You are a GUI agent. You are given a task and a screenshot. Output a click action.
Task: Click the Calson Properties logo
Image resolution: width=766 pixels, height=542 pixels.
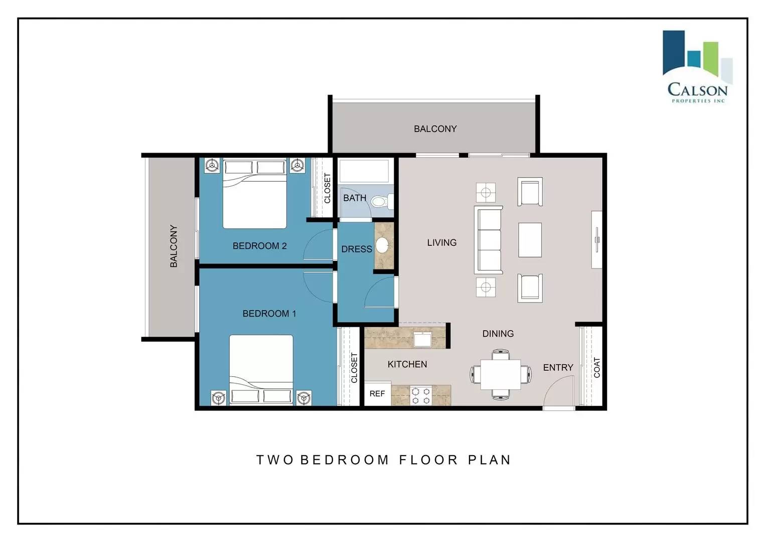pos(697,67)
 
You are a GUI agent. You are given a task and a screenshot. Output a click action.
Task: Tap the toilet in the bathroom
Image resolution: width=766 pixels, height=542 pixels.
pos(382,201)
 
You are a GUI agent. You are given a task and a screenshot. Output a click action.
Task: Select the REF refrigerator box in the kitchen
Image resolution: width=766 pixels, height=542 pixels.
pos(378,393)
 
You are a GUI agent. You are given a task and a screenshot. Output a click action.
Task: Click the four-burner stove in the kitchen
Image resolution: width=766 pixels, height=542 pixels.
pos(421,395)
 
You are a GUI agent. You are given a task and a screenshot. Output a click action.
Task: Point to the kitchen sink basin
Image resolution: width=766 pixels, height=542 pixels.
pos(422,340)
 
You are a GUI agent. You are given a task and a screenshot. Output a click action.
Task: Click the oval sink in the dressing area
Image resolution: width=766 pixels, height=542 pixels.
pos(382,245)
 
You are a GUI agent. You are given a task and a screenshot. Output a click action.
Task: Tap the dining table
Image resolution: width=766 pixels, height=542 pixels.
pos(501,374)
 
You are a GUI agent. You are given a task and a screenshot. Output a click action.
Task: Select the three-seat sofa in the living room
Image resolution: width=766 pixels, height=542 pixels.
pos(488,240)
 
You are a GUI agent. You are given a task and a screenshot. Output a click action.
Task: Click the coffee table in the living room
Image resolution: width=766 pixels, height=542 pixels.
pos(530,240)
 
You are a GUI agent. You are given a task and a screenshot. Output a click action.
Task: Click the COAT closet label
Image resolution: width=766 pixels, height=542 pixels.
pos(597,367)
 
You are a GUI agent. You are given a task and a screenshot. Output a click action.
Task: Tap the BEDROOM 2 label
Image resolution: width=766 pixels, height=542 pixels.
pos(259,246)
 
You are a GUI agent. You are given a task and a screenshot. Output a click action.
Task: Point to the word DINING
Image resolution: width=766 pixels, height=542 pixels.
pos(498,334)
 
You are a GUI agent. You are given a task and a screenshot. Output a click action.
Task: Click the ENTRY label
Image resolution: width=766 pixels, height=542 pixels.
pos(558,367)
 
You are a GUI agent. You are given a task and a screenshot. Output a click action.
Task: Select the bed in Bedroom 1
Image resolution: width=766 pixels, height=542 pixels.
pos(261,370)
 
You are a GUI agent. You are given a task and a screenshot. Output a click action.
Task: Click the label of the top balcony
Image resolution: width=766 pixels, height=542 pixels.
pos(435,128)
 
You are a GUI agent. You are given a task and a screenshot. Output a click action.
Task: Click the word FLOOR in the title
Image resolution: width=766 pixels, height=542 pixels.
pos(428,460)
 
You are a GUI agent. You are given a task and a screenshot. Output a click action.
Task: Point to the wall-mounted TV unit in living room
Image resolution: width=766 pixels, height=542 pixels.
pos(597,239)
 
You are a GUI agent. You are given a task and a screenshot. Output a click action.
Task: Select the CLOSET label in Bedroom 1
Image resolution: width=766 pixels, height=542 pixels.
pos(354,367)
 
